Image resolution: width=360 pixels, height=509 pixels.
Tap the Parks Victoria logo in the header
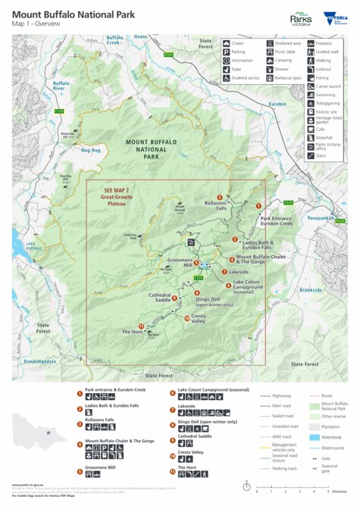tap(301, 17)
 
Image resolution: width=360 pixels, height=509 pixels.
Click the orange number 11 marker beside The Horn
tap(141, 326)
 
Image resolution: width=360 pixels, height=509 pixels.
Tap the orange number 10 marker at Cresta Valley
tap(187, 319)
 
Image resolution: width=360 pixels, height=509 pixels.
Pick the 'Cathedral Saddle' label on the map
tap(159, 298)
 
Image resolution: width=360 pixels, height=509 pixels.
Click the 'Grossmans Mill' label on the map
tap(180, 263)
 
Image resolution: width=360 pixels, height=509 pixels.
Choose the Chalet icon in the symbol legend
tap(226, 44)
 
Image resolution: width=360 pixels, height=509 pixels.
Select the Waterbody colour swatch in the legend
tap(315, 438)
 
